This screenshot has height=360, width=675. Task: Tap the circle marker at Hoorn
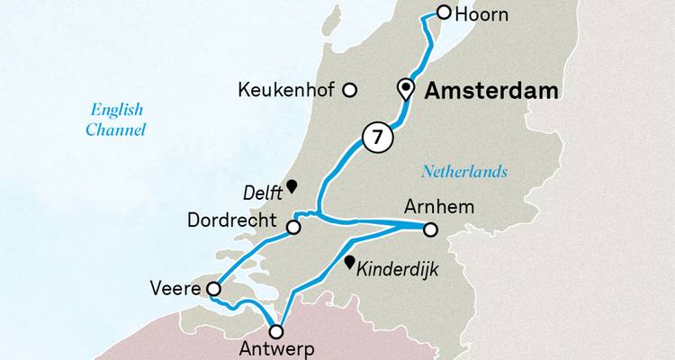(444, 12)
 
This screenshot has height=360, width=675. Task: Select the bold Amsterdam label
(491, 91)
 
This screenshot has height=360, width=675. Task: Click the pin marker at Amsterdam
(406, 88)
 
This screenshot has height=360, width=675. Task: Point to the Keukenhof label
(287, 90)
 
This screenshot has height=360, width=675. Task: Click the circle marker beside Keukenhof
(351, 90)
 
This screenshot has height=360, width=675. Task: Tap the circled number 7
(377, 138)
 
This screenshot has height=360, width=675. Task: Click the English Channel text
(116, 120)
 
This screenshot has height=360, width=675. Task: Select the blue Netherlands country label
(464, 172)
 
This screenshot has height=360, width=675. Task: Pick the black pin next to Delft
(292, 186)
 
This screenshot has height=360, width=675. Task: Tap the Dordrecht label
(231, 220)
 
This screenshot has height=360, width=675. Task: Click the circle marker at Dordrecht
(292, 228)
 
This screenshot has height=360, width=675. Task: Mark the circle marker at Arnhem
(430, 229)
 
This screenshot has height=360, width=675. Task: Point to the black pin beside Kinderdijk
(349, 262)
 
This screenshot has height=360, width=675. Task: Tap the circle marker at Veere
(213, 289)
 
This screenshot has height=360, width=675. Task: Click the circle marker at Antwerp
(276, 332)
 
